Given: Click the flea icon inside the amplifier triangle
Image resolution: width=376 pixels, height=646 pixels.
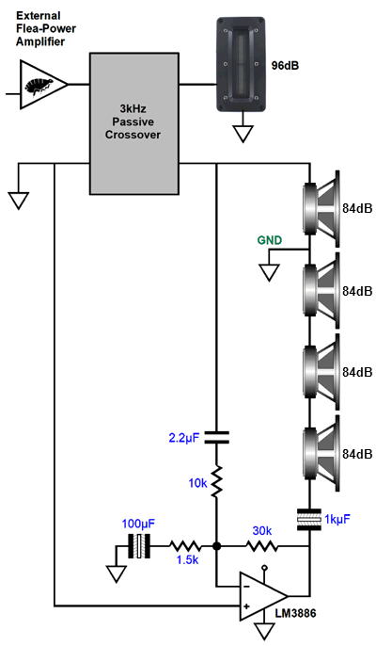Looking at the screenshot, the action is click(39, 86).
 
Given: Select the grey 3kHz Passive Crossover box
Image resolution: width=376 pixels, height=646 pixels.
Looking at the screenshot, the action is click(134, 123).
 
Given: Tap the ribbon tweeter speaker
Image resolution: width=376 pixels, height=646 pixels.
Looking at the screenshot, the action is click(241, 64).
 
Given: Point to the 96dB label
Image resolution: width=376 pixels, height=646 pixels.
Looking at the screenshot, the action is click(285, 65).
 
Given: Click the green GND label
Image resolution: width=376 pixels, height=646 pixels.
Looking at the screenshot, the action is click(270, 240).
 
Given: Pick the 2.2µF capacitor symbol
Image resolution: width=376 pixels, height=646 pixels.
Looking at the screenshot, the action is click(216, 437).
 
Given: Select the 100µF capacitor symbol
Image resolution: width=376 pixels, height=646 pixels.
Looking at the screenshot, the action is click(139, 546).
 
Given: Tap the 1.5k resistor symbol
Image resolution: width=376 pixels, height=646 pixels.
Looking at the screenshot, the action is click(185, 547).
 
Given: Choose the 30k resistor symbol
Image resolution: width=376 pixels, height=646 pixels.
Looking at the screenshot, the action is click(261, 547).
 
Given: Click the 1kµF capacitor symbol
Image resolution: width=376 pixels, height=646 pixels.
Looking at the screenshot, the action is click(309, 519).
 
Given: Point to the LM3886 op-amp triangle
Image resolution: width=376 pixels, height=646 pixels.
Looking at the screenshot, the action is click(263, 596).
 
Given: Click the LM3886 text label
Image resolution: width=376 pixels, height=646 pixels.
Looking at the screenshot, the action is click(296, 613).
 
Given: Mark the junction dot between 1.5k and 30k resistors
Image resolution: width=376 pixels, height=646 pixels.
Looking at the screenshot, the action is click(216, 547).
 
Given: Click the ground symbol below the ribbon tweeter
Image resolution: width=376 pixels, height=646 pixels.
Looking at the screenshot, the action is click(243, 134).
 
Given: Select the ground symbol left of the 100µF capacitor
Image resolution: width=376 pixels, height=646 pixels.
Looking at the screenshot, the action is click(117, 573).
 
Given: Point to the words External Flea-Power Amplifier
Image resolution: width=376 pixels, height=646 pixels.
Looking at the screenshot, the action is click(46, 29).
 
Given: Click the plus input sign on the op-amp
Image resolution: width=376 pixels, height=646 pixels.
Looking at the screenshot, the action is click(246, 606).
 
